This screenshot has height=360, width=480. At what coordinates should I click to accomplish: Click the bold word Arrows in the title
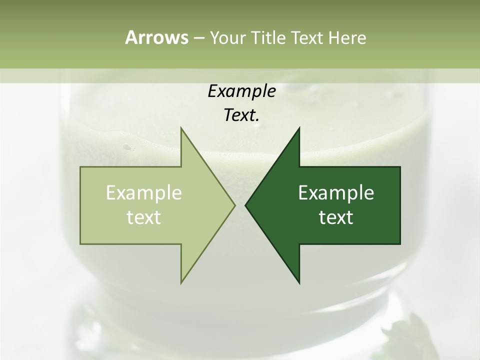[x=156, y=37]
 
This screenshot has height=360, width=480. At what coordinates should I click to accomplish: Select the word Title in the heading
[x=268, y=38]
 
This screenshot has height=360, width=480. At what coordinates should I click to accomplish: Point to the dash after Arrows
[x=198, y=38]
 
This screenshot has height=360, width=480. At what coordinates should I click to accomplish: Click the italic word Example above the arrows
[x=241, y=91]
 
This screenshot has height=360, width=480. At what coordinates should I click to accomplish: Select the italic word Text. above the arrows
[x=241, y=115]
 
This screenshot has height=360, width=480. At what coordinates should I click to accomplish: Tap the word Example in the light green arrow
[x=144, y=193]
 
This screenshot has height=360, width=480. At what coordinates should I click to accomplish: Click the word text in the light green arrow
[x=144, y=217]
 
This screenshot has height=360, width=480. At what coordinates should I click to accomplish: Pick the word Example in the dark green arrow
[x=336, y=193]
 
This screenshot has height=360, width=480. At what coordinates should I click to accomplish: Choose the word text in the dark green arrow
[x=336, y=217]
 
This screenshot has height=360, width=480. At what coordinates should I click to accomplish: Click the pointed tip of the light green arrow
[x=234, y=205]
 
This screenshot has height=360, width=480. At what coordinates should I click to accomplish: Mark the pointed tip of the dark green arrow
[x=245, y=205]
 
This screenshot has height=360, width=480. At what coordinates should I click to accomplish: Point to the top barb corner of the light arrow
[x=181, y=128]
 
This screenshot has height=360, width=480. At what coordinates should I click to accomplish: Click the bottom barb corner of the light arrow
[x=181, y=282]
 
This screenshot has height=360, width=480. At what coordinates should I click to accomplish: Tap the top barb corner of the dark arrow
[x=299, y=128]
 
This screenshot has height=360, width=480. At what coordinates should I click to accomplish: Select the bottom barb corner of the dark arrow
[x=299, y=282]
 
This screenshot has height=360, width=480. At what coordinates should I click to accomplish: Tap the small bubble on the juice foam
[x=128, y=147]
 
